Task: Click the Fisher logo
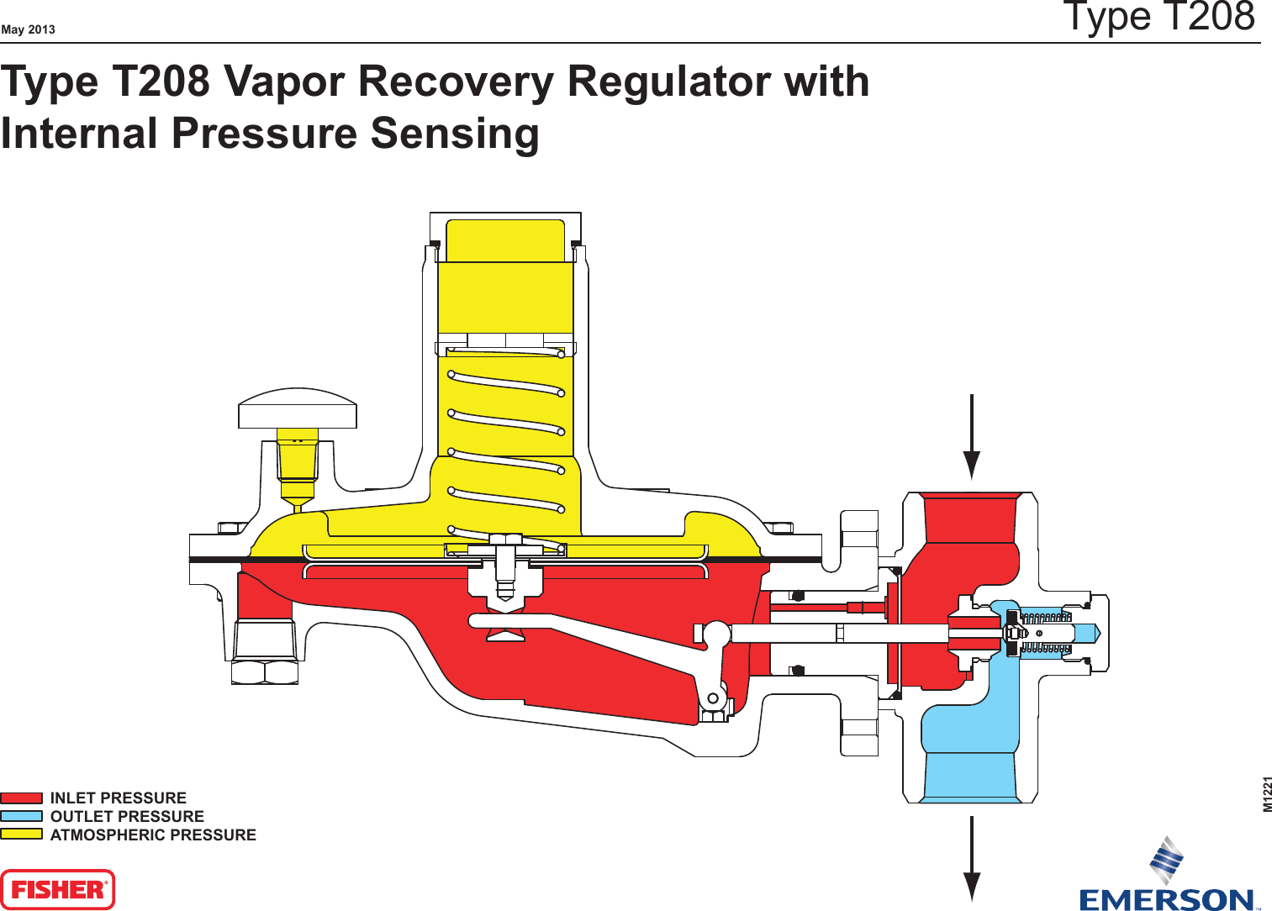(57, 889)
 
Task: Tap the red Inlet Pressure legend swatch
(21, 798)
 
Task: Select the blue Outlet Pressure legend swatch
(21, 816)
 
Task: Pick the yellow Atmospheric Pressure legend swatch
(21, 835)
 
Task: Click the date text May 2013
(28, 29)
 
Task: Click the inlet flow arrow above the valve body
(972, 437)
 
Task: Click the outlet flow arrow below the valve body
(972, 857)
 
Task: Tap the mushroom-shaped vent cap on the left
(298, 408)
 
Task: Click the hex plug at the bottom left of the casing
(265, 671)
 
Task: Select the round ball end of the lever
(716, 634)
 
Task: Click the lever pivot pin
(713, 698)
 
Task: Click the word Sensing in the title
(454, 134)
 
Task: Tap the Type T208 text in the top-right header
(1159, 17)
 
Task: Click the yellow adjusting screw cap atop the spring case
(505, 241)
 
